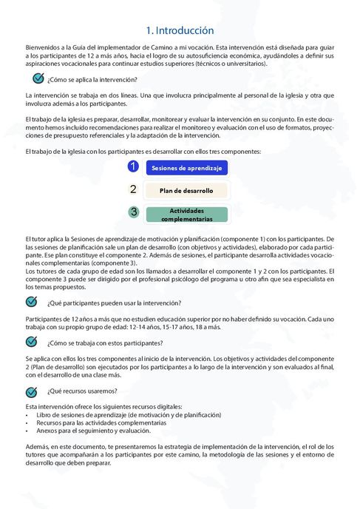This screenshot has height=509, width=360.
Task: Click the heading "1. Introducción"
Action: click(180, 30)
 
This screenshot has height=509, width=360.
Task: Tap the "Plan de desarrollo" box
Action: click(186, 190)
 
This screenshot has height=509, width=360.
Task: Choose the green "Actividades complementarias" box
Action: click(186, 215)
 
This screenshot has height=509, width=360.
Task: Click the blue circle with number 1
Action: click(133, 166)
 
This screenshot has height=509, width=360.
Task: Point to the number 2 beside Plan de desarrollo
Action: click(133, 189)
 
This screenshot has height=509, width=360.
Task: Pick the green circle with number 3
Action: click(133, 212)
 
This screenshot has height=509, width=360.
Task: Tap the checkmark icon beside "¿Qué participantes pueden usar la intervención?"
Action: click(31, 302)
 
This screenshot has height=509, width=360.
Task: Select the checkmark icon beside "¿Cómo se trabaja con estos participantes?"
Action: click(31, 342)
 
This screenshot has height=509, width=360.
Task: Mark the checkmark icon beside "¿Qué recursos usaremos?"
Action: click(31, 390)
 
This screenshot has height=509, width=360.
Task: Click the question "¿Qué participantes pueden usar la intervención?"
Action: click(114, 303)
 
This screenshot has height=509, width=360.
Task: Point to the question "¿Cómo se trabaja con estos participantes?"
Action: click(104, 343)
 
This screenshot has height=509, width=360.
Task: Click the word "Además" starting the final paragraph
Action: click(38, 447)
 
